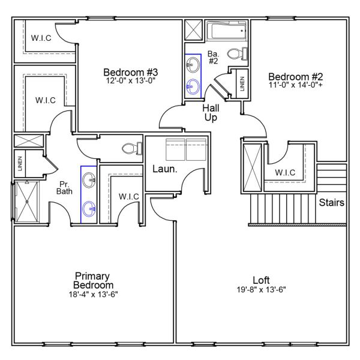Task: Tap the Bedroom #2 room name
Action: coord(295,77)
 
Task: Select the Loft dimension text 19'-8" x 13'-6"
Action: coord(260,289)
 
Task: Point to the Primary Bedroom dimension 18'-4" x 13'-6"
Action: coord(93,294)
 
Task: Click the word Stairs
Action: coord(331,203)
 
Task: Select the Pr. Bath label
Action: coord(65,188)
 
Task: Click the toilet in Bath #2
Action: coord(241,54)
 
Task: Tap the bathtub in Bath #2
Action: coord(226,31)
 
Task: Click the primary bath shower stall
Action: coord(27,201)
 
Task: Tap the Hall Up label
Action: coord(210,113)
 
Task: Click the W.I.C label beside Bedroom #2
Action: coord(285,173)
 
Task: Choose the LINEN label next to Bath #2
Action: coord(242,84)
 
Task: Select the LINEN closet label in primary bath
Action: coord(20,164)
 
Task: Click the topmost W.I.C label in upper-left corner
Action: coord(41,38)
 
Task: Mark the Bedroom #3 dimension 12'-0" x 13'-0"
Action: coord(130,81)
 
